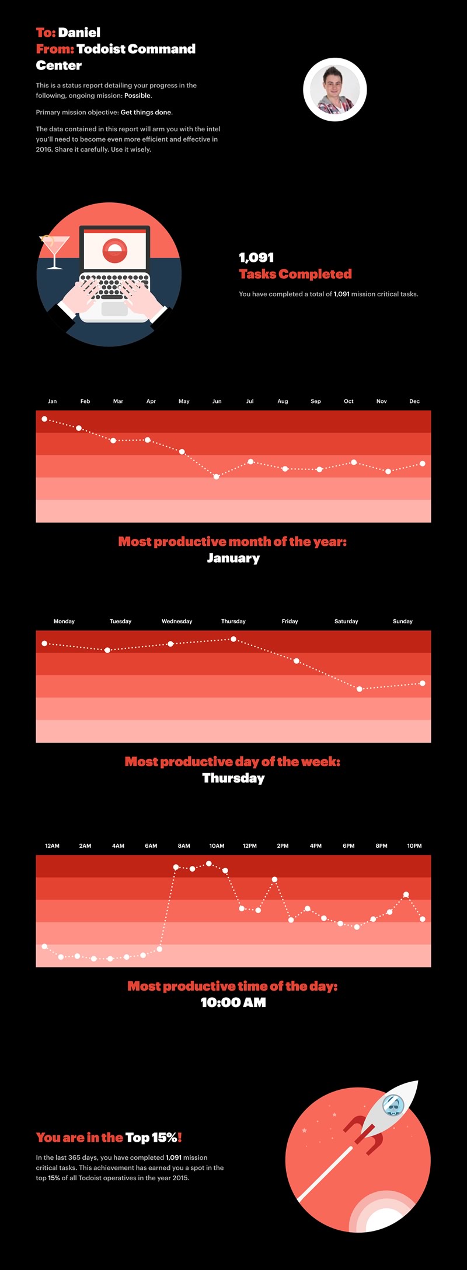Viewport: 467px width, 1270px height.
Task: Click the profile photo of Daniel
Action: [x=335, y=90]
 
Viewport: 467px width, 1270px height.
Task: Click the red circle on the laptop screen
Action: [x=115, y=250]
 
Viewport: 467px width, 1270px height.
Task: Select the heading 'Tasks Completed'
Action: [x=295, y=274]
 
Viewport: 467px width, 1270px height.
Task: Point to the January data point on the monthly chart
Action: [x=44, y=419]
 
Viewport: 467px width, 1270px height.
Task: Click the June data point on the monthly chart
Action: [x=217, y=476]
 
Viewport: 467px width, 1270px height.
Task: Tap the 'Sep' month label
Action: [x=316, y=401]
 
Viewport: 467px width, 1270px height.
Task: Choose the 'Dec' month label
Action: [x=414, y=401]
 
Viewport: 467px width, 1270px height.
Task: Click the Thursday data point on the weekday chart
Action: [x=233, y=639]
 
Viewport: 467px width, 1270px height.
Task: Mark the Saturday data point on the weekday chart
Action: [x=360, y=689]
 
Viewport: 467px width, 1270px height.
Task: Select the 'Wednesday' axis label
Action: [x=177, y=622]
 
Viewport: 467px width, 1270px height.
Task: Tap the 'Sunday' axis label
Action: [x=403, y=622]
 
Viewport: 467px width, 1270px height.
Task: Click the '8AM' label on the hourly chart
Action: [x=184, y=846]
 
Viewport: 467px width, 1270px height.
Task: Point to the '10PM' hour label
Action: [x=414, y=846]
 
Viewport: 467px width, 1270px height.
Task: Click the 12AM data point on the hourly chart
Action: [x=44, y=946]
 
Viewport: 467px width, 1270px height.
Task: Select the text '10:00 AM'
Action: [x=233, y=1003]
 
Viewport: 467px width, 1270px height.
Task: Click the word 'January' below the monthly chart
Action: [x=233, y=558]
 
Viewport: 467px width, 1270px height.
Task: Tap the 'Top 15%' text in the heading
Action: [x=151, y=1138]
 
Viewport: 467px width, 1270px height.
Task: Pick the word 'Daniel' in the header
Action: [x=79, y=33]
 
